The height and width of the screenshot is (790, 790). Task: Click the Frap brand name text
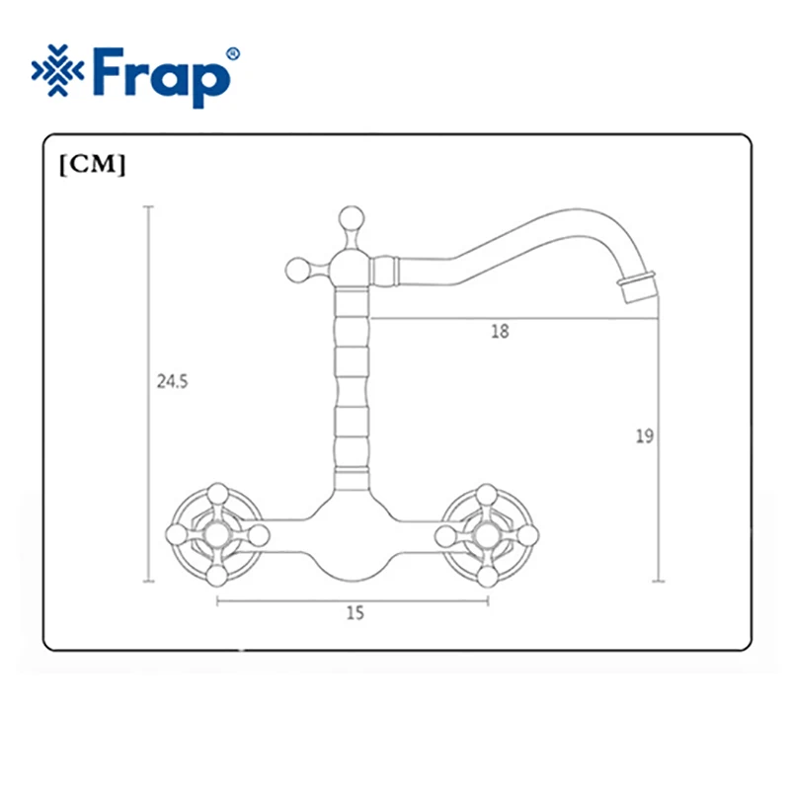coord(160,76)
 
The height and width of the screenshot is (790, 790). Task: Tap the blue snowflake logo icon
coord(57,70)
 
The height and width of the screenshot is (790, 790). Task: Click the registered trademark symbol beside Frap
coord(234,54)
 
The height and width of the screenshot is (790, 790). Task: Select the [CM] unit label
coord(92,165)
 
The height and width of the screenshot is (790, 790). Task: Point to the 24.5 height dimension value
coord(172,381)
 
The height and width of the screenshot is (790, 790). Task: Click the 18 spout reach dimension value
coord(501,331)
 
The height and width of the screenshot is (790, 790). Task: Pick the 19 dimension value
coord(645,435)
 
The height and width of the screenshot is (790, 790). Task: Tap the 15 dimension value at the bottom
coord(355,612)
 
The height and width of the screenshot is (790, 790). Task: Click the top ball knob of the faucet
coord(352,218)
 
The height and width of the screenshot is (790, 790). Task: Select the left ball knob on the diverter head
coord(298,271)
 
